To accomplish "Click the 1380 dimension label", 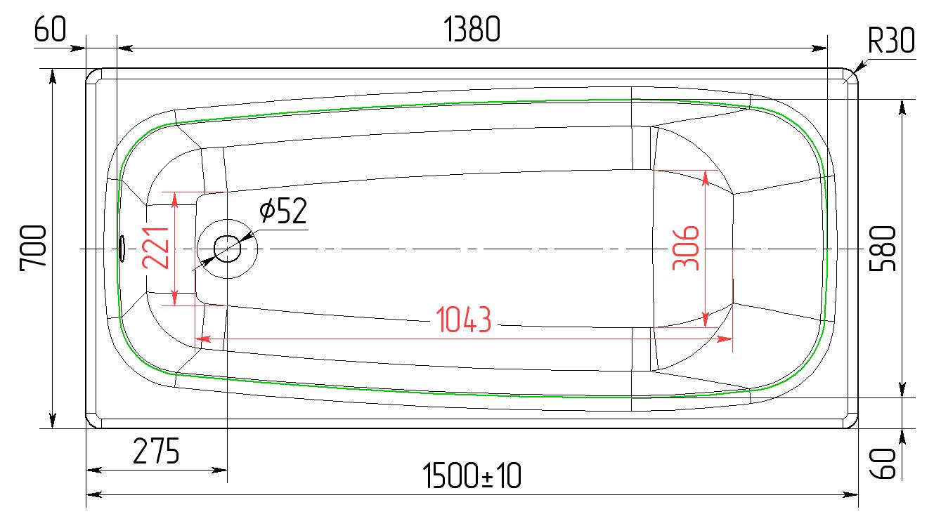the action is pos(472,29).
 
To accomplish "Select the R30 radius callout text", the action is pos(891,41).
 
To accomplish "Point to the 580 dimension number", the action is pos(882,249).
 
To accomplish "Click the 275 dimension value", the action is pos(156,452).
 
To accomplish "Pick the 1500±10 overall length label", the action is pos(472,475).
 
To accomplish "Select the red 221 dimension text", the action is pos(155,248).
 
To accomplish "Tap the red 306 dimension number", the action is pos(686,248).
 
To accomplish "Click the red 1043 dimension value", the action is pos(464,320).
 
